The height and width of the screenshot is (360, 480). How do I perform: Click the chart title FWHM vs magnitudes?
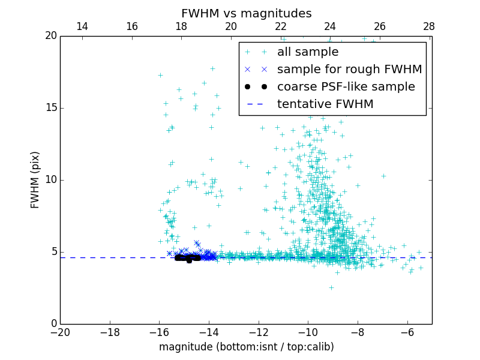pyautogui.click(x=246, y=13)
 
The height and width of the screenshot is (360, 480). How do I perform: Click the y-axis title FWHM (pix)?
pyautogui.click(x=35, y=180)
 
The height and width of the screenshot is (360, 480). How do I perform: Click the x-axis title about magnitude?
pyautogui.click(x=246, y=347)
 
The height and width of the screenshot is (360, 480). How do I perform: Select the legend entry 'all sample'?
pyautogui.click(x=307, y=52)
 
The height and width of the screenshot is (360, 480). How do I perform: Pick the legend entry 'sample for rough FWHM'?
pyautogui.click(x=349, y=70)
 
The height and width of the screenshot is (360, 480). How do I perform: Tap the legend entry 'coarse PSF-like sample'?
pyautogui.click(x=346, y=87)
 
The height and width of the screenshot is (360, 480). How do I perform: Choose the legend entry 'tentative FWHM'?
pyautogui.click(x=325, y=104)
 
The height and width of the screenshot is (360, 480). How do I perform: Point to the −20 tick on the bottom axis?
pyautogui.click(x=60, y=332)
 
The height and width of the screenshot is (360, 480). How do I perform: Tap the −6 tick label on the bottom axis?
pyautogui.click(x=407, y=332)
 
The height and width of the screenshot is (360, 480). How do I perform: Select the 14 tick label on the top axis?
pyautogui.click(x=82, y=26)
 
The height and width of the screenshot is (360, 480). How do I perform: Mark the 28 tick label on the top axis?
pyautogui.click(x=428, y=26)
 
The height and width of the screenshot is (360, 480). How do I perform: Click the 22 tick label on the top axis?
pyautogui.click(x=280, y=26)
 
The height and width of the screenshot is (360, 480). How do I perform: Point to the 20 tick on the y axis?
pyautogui.click(x=50, y=36)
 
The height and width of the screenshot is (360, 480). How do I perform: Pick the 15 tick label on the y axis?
pyautogui.click(x=50, y=108)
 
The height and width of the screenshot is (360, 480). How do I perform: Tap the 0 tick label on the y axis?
pyautogui.click(x=53, y=324)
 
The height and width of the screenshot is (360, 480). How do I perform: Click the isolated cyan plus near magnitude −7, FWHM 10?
pyautogui.click(x=383, y=176)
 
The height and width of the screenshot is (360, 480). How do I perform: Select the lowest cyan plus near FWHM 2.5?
pyautogui.click(x=331, y=287)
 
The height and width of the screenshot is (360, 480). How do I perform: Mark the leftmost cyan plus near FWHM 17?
pyautogui.click(x=160, y=75)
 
